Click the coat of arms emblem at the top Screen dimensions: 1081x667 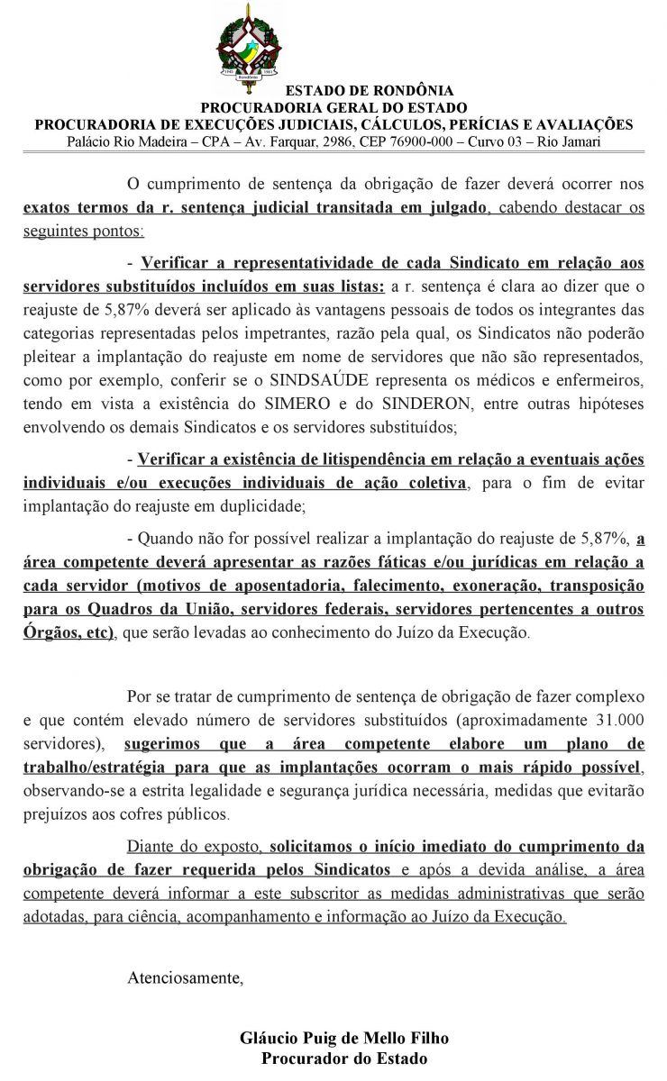pyautogui.click(x=247, y=44)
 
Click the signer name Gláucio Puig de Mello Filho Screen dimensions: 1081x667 pyautogui.click(x=344, y=1039)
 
